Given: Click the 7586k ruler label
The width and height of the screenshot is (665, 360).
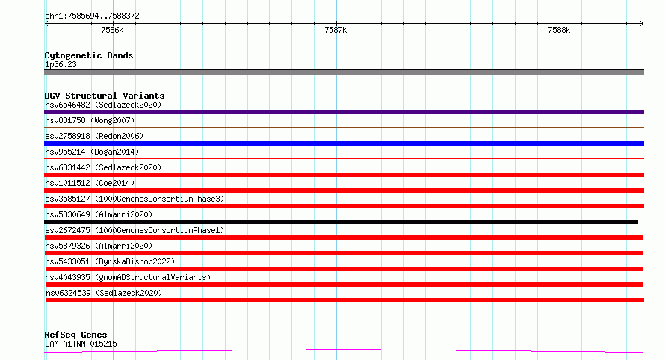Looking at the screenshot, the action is [112, 30].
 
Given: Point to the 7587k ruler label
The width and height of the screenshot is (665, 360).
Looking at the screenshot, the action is [335, 30].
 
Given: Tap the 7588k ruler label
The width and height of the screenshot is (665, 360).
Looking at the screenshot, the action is [559, 30].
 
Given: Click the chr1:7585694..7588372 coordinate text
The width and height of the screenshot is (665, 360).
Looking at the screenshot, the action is [92, 16].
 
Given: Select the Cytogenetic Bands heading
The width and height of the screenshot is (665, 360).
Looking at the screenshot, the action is [89, 55].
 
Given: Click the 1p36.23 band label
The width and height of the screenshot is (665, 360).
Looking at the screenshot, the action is [61, 64].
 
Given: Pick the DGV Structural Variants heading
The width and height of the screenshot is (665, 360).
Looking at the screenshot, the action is [105, 96].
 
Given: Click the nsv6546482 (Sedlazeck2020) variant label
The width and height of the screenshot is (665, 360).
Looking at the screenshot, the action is [103, 105].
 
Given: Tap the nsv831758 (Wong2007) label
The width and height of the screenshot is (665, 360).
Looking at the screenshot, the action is [90, 120].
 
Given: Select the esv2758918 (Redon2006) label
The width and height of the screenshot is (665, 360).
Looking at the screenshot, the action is [94, 136].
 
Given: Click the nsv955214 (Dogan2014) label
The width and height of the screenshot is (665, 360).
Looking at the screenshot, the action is [92, 152].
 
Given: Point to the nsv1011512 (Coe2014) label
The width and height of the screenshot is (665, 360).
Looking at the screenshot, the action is [90, 183].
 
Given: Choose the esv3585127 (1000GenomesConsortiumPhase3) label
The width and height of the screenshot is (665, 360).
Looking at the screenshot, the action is [134, 199].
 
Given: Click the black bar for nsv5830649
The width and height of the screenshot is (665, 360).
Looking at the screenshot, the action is [341, 222].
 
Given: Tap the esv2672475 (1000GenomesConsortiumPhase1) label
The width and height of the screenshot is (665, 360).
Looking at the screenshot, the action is [134, 230].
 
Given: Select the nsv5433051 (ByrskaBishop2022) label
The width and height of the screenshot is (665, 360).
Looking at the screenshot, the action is [110, 261].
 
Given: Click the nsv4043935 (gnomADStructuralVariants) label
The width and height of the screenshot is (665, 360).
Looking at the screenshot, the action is [128, 277].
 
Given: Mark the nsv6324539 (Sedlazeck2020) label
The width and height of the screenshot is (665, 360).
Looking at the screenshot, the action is [104, 293].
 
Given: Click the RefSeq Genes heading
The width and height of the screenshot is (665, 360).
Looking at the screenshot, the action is [76, 335].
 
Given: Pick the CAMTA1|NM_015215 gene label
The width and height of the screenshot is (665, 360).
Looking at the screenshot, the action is [81, 344].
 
